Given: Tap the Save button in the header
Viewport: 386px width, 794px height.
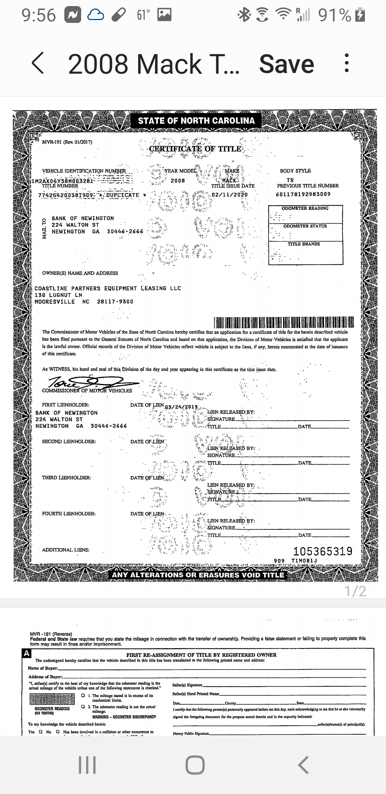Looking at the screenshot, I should point(286,64).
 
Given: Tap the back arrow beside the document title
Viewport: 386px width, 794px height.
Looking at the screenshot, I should point(38,64).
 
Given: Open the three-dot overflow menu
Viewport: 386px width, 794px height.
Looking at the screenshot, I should point(346,64).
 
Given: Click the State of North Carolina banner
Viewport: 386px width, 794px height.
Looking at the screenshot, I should point(196,121).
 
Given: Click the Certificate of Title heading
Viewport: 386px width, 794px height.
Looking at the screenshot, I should point(195,149).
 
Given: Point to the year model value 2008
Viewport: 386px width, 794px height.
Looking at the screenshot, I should point(178,181).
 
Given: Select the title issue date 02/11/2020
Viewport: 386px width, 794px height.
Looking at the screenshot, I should point(229,195).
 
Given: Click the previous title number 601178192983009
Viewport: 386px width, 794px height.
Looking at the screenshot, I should point(303,194).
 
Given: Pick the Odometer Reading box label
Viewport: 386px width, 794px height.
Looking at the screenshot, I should point(305,208).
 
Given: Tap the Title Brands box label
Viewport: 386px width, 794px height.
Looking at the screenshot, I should point(304,244).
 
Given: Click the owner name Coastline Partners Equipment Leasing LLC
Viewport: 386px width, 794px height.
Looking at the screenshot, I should point(108,288).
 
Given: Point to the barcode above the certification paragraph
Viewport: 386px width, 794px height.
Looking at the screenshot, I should point(283,322).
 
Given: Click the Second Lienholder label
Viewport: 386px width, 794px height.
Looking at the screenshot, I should point(69,441).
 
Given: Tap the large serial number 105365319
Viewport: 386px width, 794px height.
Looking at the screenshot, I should point(323,551).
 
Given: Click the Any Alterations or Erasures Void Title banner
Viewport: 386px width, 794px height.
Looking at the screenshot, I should point(198,575).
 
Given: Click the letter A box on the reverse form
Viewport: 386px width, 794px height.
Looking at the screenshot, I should point(26,653).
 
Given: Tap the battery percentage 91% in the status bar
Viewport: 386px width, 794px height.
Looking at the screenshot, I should point(335,15).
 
